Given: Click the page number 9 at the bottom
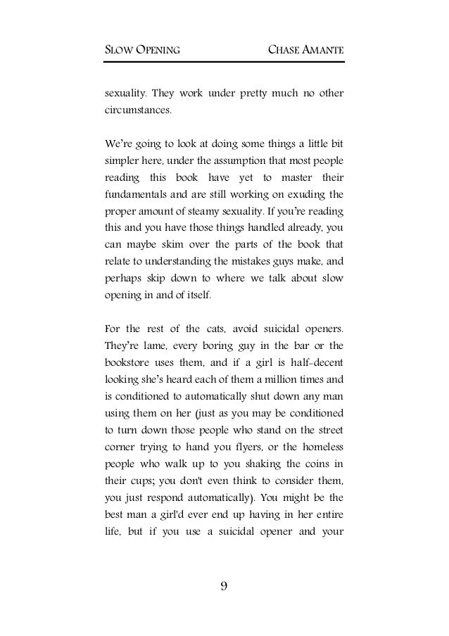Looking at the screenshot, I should click(224, 586).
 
